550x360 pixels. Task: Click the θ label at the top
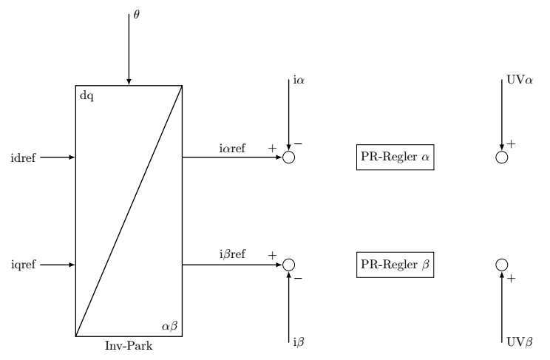point(135,14)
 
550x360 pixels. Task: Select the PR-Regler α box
point(391,158)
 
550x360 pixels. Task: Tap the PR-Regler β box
point(391,264)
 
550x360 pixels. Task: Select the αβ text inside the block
point(169,325)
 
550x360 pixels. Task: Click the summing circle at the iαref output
point(288,157)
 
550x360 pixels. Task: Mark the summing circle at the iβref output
point(288,264)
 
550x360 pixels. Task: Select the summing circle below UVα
point(501,157)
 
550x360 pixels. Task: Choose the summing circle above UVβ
point(501,264)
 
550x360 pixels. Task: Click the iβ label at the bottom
point(298,344)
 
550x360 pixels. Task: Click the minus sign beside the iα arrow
point(298,143)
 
